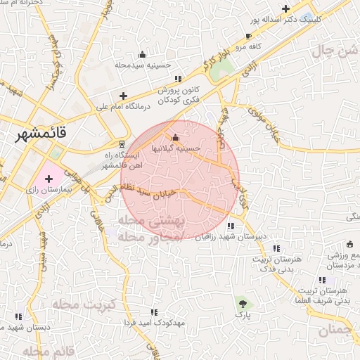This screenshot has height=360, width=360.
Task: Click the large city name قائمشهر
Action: pos(46,135)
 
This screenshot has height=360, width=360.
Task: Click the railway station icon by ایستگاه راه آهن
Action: pos(122,143)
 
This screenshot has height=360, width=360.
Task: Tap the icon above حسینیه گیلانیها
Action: pos(175,137)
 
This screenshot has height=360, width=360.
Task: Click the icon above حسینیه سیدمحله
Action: pos(142,54)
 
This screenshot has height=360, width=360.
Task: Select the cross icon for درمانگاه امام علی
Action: pos(124,96)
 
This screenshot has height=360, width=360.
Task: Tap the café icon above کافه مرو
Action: pos(248,36)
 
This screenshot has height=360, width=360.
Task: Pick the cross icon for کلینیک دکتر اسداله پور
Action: pos(285,9)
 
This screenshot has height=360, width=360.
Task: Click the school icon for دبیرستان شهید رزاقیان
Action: pos(231,226)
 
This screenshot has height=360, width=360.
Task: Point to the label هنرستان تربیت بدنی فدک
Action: pos(280,264)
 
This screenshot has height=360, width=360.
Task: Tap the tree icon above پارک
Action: pos(243,304)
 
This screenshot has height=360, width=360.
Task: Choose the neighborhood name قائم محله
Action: pos(49,349)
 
